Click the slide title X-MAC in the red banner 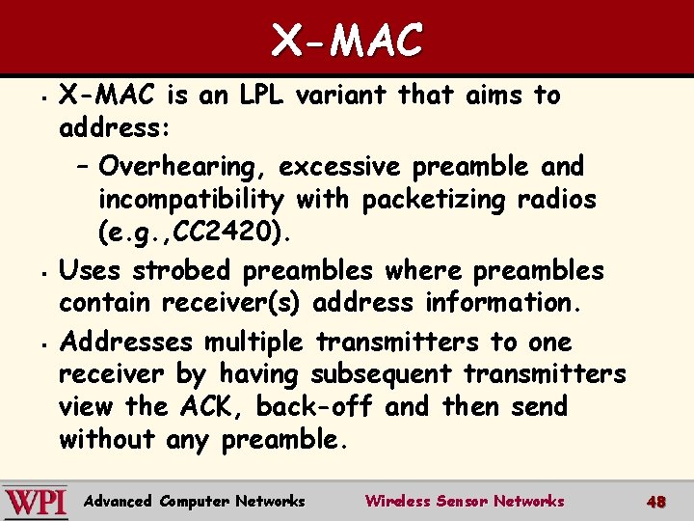pyautogui.click(x=347, y=40)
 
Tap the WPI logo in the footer pyautogui.click(x=36, y=502)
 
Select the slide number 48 pyautogui.click(x=656, y=502)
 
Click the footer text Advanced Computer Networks pyautogui.click(x=195, y=501)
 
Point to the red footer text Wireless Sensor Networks pyautogui.click(x=465, y=501)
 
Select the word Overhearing pyautogui.click(x=181, y=167)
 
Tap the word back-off pyautogui.click(x=313, y=406)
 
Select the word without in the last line pyautogui.click(x=106, y=439)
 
